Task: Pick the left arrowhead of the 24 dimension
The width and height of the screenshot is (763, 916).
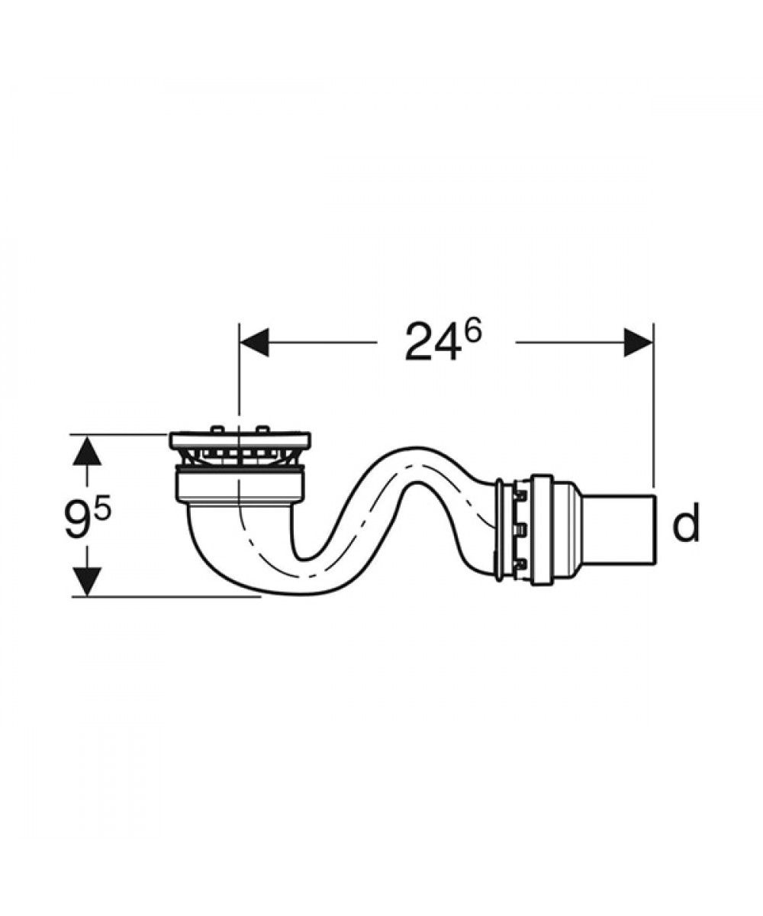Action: tap(254, 342)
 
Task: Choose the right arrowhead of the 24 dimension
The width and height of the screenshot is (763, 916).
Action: tap(638, 342)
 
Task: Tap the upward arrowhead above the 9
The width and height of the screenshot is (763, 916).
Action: tap(87, 450)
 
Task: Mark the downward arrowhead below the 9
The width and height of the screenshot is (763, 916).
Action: tap(87, 581)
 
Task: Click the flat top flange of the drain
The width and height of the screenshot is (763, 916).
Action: tap(240, 440)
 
